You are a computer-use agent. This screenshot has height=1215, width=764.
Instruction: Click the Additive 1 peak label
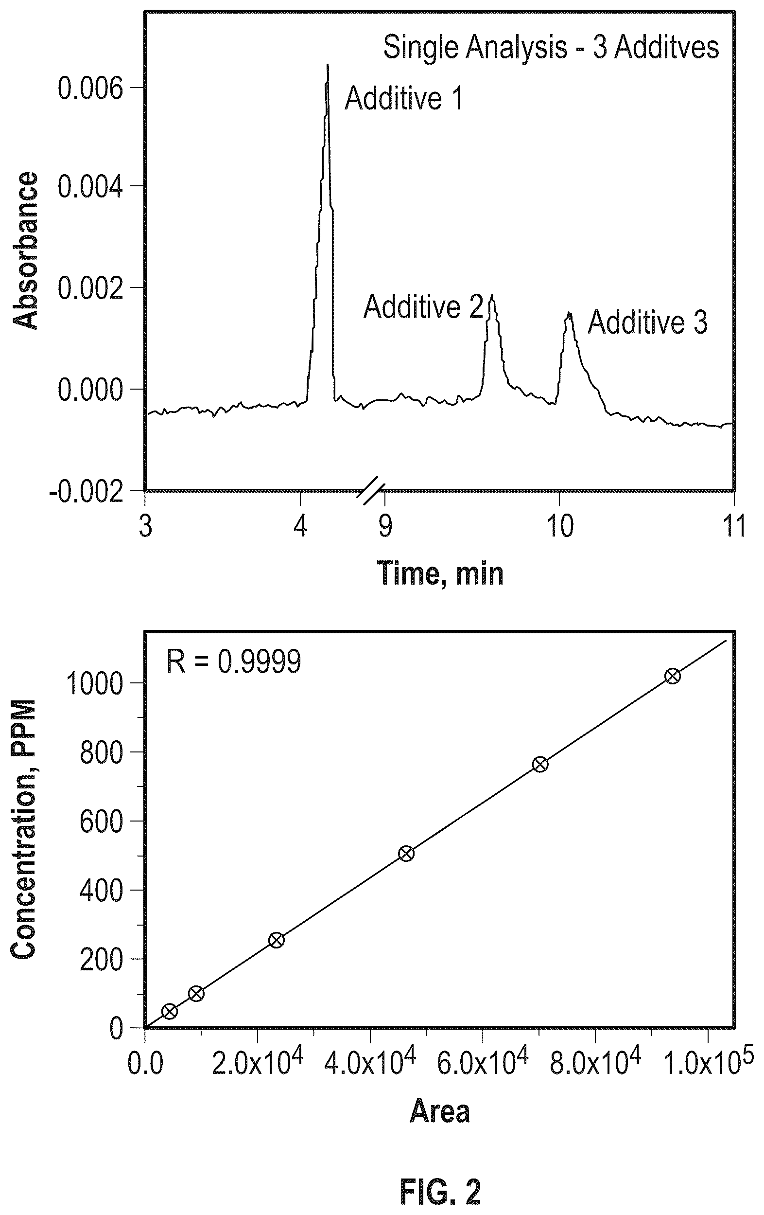(403, 98)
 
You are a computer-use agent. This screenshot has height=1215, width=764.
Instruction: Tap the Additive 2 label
(423, 306)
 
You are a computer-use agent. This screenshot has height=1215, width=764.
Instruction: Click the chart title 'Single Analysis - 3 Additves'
(551, 48)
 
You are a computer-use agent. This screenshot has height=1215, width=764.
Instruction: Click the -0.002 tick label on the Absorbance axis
(86, 490)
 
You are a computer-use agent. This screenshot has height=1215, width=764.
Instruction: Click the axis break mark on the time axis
(371, 490)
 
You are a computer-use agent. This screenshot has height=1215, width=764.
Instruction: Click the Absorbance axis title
(25, 251)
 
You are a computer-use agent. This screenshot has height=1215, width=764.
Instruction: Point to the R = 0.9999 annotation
(234, 661)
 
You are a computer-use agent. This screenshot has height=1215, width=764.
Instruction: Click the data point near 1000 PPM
(672, 677)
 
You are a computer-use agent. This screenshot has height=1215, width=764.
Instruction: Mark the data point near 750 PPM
(539, 765)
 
